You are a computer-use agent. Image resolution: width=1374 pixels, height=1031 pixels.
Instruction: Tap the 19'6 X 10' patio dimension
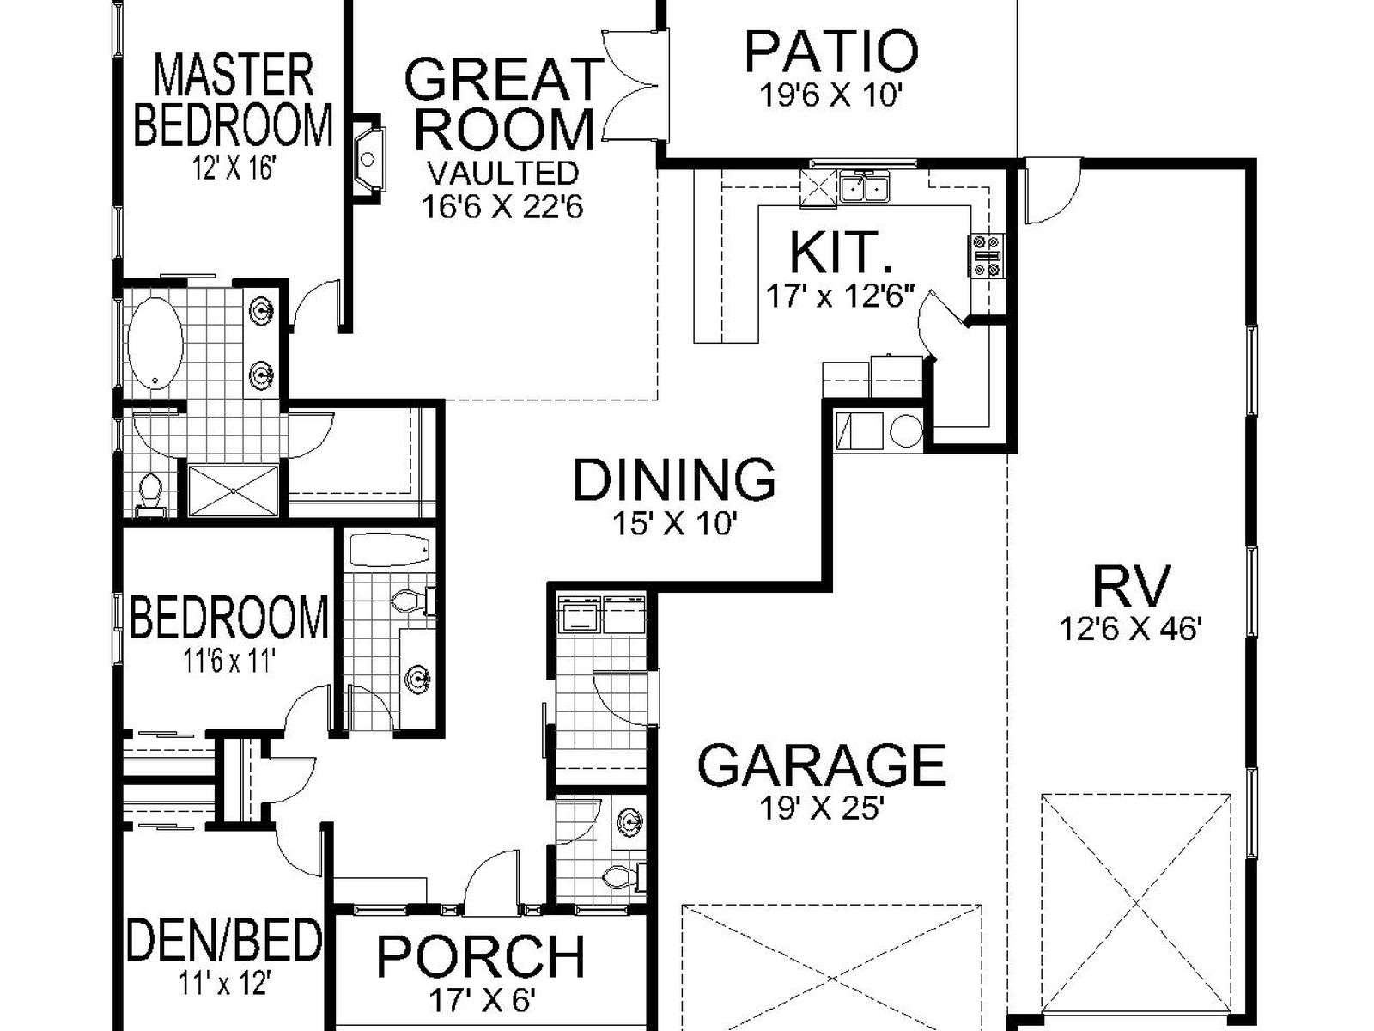point(830,95)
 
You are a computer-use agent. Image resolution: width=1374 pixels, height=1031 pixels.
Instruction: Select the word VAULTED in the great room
point(502,173)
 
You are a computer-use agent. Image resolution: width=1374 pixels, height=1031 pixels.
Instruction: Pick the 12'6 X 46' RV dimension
point(1130,630)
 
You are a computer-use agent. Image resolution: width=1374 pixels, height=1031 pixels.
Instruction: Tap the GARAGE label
point(821,765)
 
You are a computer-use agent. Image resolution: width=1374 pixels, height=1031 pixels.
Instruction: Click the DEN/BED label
point(224,940)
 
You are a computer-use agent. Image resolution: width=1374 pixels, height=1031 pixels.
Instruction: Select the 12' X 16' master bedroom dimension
point(234,168)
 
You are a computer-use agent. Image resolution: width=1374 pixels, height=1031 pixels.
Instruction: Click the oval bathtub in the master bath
point(155,344)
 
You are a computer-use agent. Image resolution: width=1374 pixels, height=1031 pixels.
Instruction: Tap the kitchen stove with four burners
point(988,255)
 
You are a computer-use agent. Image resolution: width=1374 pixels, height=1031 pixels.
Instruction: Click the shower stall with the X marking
point(233,491)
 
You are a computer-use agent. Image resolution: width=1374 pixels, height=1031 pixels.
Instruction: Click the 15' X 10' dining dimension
point(672,523)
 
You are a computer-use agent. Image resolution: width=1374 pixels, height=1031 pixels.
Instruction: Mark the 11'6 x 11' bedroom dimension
point(229,660)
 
